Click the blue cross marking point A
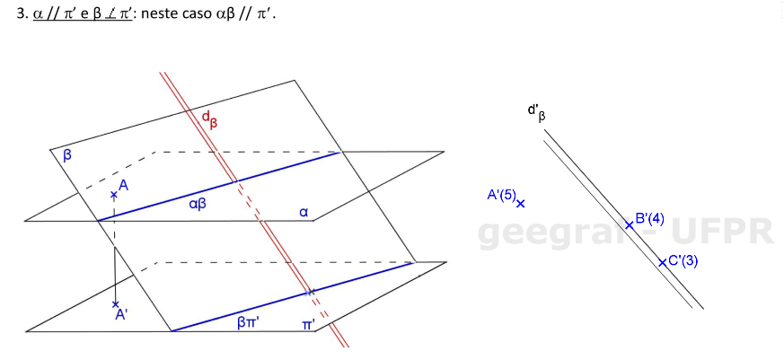coord(114,195)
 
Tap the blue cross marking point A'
coord(115,305)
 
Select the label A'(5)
coord(500,195)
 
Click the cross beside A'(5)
coord(521,204)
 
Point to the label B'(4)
coord(649,218)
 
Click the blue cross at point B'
coord(629,224)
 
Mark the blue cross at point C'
coord(662,262)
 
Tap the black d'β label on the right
coord(536,112)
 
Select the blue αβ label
coord(198,205)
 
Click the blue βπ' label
coord(249,321)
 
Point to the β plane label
coord(67,155)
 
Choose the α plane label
coord(304,213)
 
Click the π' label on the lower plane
coord(307,324)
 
